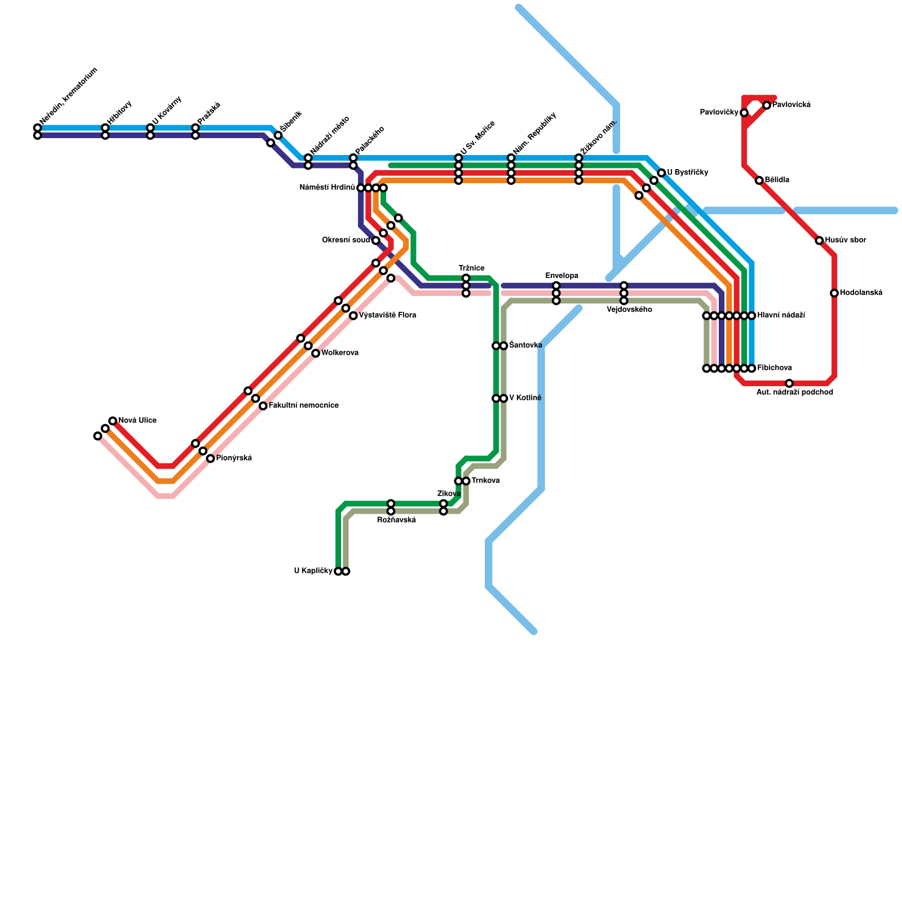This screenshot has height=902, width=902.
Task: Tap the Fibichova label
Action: click(x=774, y=368)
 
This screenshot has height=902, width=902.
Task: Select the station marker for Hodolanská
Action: click(x=834, y=293)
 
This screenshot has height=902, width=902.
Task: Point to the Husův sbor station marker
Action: click(x=819, y=241)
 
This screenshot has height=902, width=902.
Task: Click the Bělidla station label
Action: click(x=777, y=180)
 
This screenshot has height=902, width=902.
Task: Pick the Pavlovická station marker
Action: click(x=767, y=105)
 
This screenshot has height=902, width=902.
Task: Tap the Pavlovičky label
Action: click(x=719, y=113)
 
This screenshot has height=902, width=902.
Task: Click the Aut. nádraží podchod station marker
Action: click(x=789, y=383)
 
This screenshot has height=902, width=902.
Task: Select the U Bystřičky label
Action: click(x=687, y=173)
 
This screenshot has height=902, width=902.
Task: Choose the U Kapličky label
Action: click(x=313, y=571)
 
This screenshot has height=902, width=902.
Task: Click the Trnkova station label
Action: click(x=485, y=481)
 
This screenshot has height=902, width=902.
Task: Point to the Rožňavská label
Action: click(x=396, y=520)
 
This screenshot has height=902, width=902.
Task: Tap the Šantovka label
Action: click(x=525, y=346)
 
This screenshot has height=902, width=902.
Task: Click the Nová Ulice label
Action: click(x=137, y=421)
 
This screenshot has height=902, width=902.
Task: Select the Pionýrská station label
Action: click(x=234, y=458)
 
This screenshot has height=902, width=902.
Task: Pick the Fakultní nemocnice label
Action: click(x=303, y=406)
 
